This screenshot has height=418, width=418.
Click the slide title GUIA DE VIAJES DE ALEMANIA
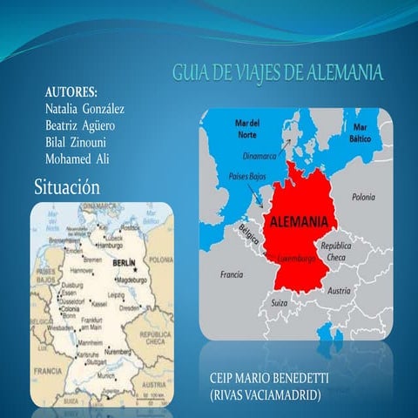(277, 72)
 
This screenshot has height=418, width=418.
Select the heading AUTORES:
(71, 92)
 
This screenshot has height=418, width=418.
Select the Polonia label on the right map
(363, 198)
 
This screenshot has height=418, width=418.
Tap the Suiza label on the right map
(280, 302)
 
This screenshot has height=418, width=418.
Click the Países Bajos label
(246, 175)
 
